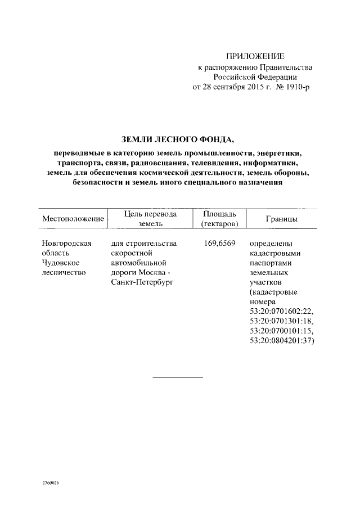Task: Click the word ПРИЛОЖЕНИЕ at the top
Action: pyautogui.click(x=255, y=56)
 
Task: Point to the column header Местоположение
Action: pyautogui.click(x=73, y=219)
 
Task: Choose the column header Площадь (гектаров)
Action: pyautogui.click(x=215, y=219)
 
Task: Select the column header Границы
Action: pyautogui.click(x=281, y=219)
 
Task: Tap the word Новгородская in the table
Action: pyautogui.click(x=66, y=244)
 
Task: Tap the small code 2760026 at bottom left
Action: pyautogui.click(x=51, y=482)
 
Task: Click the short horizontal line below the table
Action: pyautogui.click(x=178, y=377)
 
